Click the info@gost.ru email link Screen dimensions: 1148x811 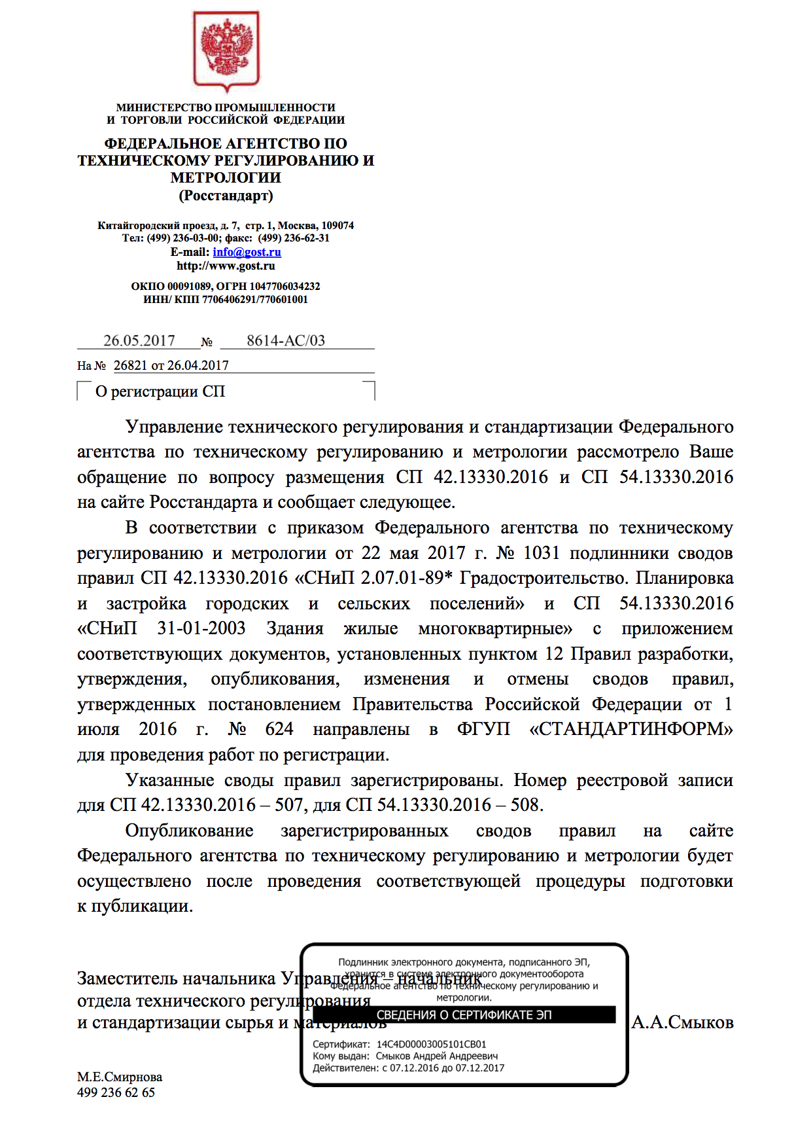point(247,252)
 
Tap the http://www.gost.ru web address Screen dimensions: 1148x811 point(226,266)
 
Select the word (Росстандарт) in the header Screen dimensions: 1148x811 point(226,195)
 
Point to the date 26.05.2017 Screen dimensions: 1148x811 point(139,340)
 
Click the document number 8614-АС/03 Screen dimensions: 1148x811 point(286,340)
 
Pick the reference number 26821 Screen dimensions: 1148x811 point(131,365)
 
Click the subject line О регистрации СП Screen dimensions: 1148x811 point(160,391)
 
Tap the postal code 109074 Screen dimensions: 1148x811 point(337,225)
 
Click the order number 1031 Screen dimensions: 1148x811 point(542,553)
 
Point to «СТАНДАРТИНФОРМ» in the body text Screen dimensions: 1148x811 point(630,729)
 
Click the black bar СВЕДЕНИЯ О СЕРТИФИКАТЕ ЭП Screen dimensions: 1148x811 point(464,1015)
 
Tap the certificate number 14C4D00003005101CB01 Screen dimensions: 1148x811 point(431,1045)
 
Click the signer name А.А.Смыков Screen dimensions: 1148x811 point(682,1022)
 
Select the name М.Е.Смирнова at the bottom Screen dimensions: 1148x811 point(120,1077)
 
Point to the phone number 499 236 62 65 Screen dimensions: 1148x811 point(116,1092)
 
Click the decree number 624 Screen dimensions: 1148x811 point(279,729)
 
